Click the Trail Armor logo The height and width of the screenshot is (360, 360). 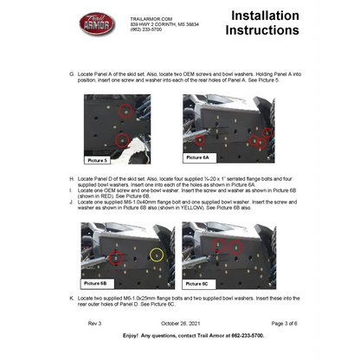point(97,24)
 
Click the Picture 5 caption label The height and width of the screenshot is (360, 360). point(98,160)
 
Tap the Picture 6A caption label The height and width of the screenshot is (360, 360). point(197,157)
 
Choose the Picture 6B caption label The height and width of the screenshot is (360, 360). point(96,283)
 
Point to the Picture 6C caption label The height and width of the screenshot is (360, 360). point(196,283)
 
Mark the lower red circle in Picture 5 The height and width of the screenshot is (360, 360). point(121,138)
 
